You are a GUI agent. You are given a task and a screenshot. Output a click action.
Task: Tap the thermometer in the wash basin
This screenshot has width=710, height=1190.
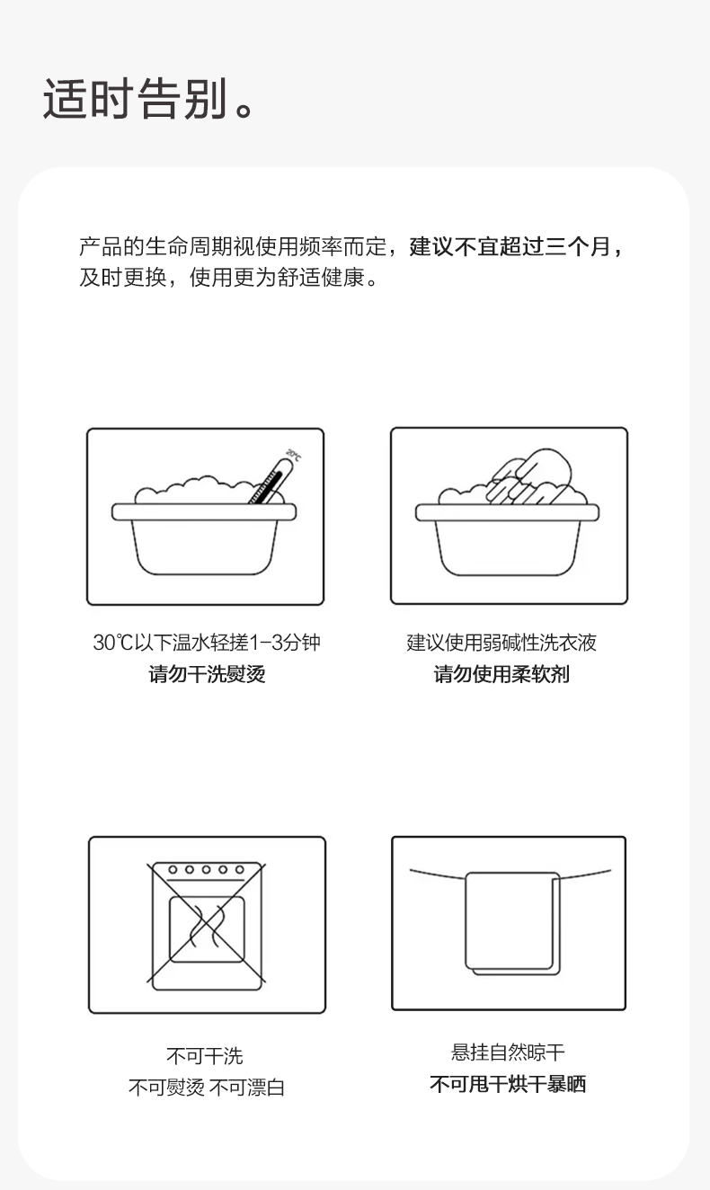(271, 482)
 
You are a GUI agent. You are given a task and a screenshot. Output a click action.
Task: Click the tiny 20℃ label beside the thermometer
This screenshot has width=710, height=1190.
(294, 456)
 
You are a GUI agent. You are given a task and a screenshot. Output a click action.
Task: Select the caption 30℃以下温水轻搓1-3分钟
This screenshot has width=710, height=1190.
(207, 643)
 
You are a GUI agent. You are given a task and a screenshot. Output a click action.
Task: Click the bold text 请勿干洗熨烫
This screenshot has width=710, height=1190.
(207, 674)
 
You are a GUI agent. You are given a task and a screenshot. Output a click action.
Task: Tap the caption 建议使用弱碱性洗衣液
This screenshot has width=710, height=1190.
(501, 643)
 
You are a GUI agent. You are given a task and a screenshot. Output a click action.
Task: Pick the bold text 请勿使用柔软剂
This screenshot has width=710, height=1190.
(501, 674)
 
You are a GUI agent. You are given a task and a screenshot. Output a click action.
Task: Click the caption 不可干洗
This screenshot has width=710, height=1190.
(205, 1056)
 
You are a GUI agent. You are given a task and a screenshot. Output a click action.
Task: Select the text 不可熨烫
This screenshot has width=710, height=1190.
(166, 1088)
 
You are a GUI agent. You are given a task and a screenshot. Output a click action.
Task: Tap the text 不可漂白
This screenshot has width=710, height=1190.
(247, 1088)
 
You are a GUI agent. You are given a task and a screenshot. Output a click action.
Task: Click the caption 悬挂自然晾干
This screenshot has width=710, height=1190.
(508, 1052)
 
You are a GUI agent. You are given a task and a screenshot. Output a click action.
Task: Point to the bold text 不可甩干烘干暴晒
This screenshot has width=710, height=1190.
(508, 1084)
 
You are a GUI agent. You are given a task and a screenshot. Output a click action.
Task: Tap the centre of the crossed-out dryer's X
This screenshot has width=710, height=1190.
(207, 923)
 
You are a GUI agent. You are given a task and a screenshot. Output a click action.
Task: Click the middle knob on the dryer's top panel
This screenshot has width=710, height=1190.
(206, 870)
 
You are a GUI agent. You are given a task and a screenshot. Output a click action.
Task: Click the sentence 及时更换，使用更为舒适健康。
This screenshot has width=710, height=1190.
(229, 278)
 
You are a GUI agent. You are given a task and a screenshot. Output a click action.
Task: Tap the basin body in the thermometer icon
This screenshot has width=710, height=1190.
(204, 538)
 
